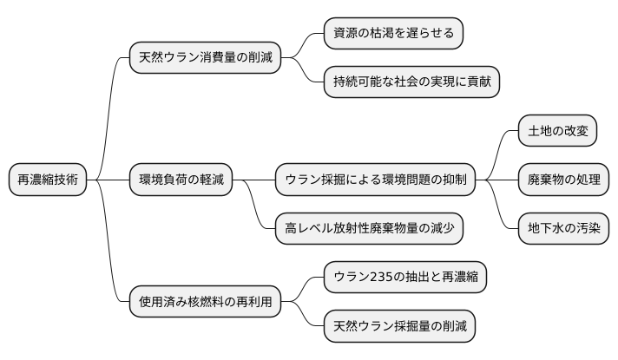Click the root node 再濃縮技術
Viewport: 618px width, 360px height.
(x=48, y=180)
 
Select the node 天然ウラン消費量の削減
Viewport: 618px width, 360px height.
(x=205, y=58)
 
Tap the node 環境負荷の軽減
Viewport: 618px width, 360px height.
(x=181, y=180)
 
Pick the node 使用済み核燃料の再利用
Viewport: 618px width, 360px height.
(x=205, y=303)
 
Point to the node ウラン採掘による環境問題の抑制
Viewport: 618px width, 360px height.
(x=376, y=180)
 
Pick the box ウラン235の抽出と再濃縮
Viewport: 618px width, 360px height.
(x=404, y=278)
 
